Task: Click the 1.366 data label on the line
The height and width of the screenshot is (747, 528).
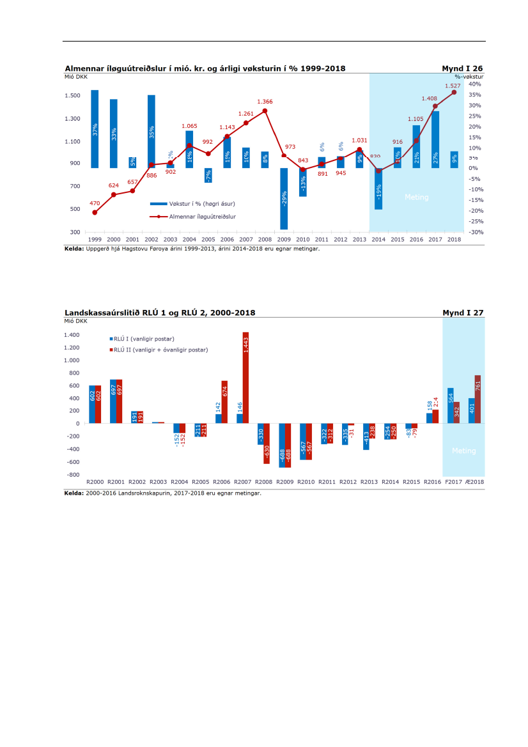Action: coord(265,102)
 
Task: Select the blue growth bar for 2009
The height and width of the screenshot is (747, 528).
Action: coord(284,198)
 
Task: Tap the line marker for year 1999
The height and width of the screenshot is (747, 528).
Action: coord(95,212)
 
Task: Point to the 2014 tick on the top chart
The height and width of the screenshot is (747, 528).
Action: coord(378,240)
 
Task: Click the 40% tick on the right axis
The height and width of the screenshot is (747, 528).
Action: coord(474,84)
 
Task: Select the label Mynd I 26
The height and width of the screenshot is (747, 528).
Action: coord(462,68)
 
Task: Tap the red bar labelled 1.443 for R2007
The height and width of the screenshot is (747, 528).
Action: coord(245,377)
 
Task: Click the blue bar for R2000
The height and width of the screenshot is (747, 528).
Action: coord(92,404)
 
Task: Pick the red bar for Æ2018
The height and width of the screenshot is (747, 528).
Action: coord(478,399)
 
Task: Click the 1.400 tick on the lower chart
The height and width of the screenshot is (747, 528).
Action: coord(72,335)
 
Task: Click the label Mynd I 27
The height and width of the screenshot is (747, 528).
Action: coord(463,312)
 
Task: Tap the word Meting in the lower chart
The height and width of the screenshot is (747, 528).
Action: coord(463,451)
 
